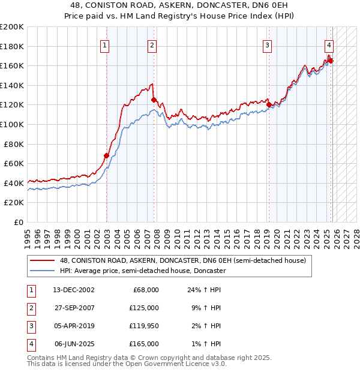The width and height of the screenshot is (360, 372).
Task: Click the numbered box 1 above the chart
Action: click(105, 45)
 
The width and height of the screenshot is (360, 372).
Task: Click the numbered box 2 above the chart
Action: click(152, 45)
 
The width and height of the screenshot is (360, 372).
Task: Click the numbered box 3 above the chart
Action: click(267, 45)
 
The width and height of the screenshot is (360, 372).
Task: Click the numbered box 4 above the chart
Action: click(329, 45)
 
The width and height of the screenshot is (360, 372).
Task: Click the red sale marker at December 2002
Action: click(107, 155)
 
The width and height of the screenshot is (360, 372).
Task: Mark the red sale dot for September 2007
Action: click(154, 100)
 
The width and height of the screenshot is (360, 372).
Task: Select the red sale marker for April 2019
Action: click(269, 104)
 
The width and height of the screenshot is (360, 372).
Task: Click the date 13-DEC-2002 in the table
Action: click(74, 290)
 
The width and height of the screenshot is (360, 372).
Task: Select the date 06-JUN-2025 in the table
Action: click(74, 344)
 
